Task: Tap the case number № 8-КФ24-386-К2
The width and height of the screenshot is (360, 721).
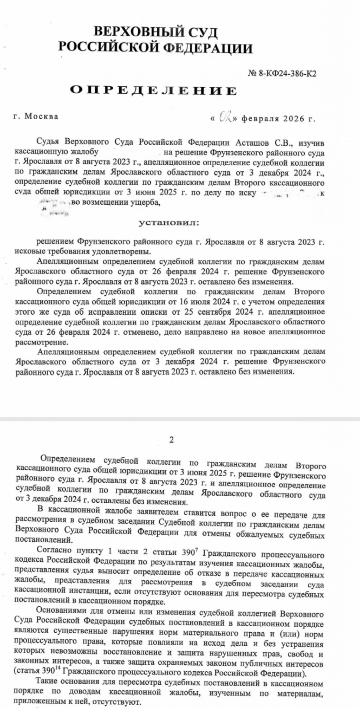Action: [282, 73]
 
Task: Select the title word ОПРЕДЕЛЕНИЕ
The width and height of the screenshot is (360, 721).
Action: [153, 90]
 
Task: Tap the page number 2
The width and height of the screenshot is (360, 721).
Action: [172, 439]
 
